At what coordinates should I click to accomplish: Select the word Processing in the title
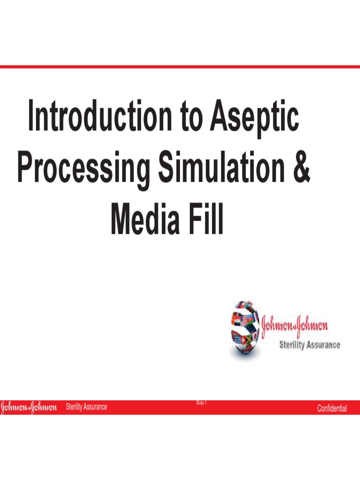pyautogui.click(x=84, y=171)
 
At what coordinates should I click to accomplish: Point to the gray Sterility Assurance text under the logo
pyautogui.click(x=309, y=345)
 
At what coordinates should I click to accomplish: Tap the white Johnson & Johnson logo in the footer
pyautogui.click(x=29, y=407)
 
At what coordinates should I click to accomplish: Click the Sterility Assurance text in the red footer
pyautogui.click(x=86, y=407)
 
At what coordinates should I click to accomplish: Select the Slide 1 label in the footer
pyautogui.click(x=202, y=403)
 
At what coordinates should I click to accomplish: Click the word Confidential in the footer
pyautogui.click(x=332, y=408)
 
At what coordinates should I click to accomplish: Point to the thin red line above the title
pyautogui.click(x=180, y=67)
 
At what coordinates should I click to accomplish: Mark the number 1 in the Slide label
pyautogui.click(x=206, y=403)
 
